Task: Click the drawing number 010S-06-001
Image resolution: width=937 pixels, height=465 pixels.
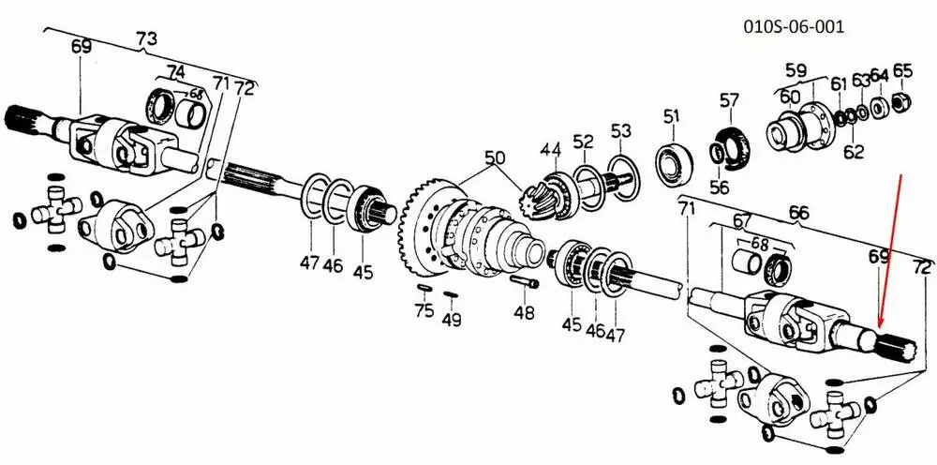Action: (794, 26)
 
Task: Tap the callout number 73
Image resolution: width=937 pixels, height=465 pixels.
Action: (146, 39)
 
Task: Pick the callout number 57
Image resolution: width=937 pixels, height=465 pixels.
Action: (729, 100)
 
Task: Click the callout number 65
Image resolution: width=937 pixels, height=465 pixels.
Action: (902, 70)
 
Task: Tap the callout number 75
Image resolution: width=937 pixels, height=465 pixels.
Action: (424, 310)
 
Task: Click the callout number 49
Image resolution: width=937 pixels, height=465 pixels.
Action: (453, 320)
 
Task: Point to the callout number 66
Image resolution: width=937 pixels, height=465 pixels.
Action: (797, 214)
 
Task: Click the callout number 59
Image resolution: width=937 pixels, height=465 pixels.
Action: (796, 69)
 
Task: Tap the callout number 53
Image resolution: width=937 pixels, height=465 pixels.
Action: (621, 129)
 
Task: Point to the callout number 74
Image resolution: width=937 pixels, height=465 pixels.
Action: (175, 71)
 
